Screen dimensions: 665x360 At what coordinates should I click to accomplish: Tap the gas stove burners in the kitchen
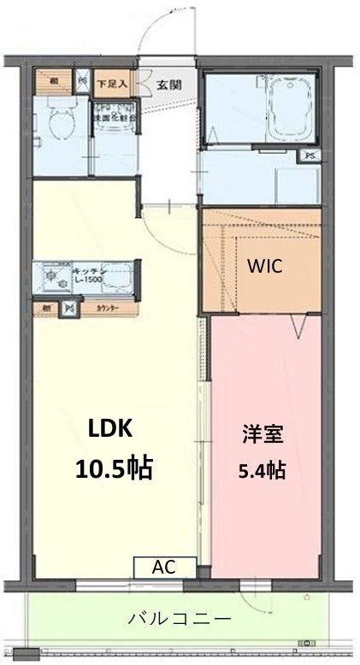pyautogui.click(x=50, y=276)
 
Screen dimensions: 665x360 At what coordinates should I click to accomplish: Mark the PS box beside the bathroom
pyautogui.click(x=310, y=156)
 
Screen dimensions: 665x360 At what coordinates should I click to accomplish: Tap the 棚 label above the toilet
pyautogui.click(x=54, y=81)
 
